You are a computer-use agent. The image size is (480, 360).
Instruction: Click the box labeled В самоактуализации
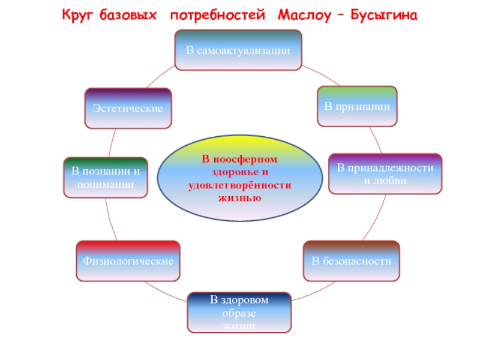tap(238, 50)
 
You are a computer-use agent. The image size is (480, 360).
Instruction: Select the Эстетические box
tap(128, 108)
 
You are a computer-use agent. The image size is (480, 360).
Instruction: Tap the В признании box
tap(357, 106)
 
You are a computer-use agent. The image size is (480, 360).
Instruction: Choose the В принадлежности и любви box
tap(385, 174)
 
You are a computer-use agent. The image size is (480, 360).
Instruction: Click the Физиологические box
tap(128, 261)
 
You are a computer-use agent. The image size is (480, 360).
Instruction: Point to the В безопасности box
tap(351, 261)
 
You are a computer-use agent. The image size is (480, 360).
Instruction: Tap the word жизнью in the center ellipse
tap(239, 196)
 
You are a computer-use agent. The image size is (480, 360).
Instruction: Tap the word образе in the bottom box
tap(239, 313)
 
